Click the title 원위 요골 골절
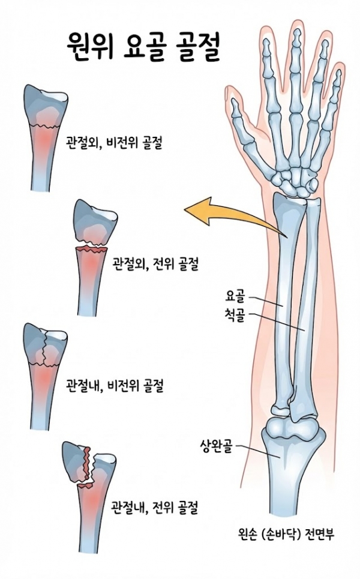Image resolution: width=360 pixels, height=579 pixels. (x=143, y=47)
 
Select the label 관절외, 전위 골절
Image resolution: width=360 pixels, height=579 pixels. (x=155, y=264)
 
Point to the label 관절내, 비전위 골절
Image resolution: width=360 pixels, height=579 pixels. (x=114, y=386)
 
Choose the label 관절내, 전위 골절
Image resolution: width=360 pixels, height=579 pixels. (x=155, y=508)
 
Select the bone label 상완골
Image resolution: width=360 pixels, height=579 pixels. (x=216, y=446)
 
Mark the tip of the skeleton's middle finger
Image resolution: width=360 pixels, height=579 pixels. (x=296, y=31)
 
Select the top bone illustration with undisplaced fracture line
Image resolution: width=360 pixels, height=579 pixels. (x=46, y=137)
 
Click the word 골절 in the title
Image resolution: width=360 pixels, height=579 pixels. (x=197, y=47)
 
